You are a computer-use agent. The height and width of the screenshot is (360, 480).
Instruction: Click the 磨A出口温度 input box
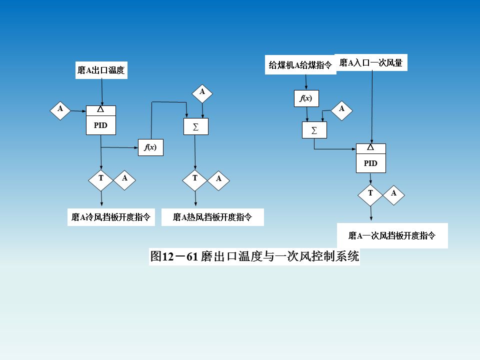[101, 70]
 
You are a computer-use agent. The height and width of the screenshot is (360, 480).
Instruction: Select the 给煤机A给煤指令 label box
[300, 65]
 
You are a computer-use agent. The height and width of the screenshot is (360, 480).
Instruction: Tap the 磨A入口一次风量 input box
[371, 62]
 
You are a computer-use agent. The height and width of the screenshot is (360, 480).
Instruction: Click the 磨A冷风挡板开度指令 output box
[111, 217]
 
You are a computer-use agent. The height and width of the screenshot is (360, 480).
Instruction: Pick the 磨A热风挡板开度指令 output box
[212, 217]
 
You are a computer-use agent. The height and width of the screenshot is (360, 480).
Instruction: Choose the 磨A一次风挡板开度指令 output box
[392, 235]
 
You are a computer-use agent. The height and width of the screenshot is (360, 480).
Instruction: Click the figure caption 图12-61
[254, 257]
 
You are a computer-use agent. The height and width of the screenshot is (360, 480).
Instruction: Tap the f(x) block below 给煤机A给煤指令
[306, 98]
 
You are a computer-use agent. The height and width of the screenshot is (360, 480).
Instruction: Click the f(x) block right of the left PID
[150, 147]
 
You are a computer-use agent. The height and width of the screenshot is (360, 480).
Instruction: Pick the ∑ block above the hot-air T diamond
[195, 127]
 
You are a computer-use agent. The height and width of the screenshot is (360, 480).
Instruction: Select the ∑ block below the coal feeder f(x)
[314, 130]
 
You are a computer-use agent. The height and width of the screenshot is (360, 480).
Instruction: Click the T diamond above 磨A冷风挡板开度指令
[101, 178]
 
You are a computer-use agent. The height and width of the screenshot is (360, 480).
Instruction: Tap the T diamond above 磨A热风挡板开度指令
[195, 178]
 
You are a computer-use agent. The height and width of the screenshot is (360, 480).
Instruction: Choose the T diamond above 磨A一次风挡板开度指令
[370, 193]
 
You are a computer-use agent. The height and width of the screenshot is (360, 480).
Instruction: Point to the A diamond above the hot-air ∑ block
[202, 92]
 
